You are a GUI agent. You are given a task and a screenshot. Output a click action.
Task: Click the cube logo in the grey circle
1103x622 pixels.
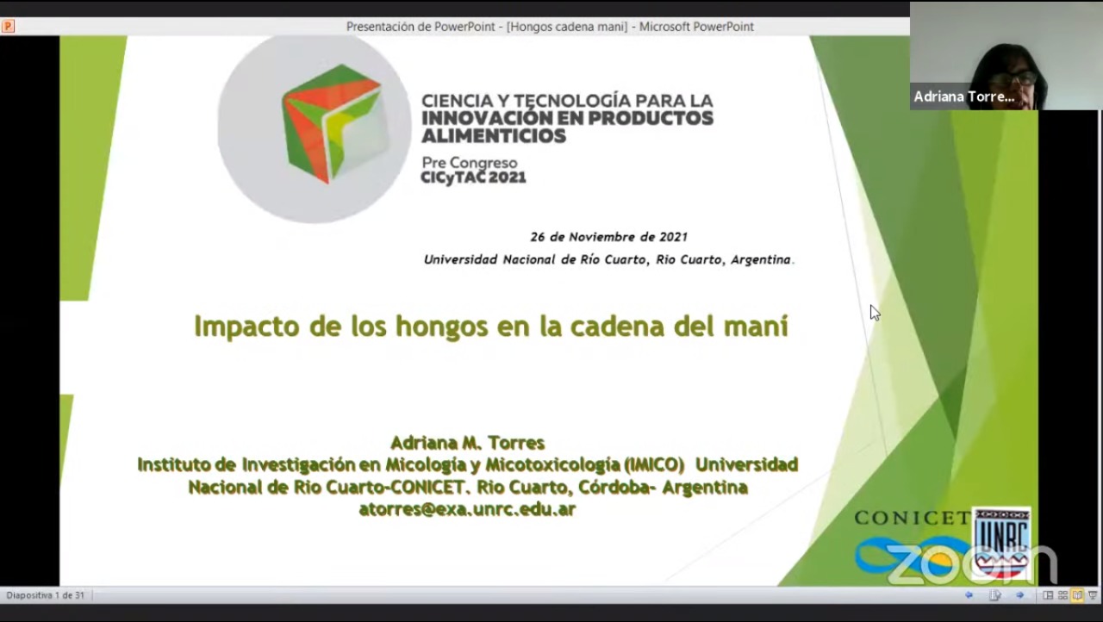click(x=331, y=124)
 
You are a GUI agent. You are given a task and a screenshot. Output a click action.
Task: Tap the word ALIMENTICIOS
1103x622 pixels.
click(x=494, y=136)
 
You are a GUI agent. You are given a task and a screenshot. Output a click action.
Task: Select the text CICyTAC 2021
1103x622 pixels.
click(x=473, y=177)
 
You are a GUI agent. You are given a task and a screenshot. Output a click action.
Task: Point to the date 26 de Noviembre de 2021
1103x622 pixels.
click(x=608, y=237)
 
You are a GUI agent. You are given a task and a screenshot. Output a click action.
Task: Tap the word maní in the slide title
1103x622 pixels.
click(x=761, y=326)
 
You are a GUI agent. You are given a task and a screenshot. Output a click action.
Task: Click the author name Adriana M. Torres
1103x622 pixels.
click(x=467, y=443)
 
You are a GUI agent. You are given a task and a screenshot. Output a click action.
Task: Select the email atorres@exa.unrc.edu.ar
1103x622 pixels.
click(x=467, y=509)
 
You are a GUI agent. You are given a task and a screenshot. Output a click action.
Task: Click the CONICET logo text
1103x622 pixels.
click(x=913, y=518)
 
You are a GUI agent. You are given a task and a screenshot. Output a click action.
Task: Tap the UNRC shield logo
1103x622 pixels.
click(x=1001, y=543)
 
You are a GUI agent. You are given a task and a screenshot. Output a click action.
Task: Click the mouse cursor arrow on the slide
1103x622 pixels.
click(x=875, y=313)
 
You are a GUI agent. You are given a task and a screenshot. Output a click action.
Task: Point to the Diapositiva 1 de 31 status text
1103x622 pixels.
click(x=46, y=595)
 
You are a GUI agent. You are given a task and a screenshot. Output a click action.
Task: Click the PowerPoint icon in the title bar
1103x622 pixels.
click(x=8, y=26)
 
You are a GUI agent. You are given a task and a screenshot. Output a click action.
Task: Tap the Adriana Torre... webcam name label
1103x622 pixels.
click(x=964, y=96)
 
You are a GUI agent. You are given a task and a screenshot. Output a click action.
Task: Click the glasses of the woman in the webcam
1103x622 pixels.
click(x=1016, y=78)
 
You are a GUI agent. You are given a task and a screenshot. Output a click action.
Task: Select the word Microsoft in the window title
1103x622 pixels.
click(x=664, y=27)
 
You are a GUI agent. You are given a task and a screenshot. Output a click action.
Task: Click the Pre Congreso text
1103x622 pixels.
click(x=470, y=163)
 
